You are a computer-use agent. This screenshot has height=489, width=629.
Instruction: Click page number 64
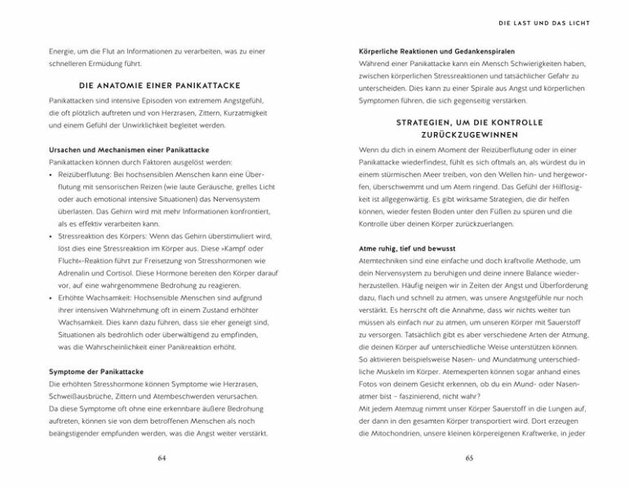click(161, 458)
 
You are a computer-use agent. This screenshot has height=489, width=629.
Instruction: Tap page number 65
click(469, 458)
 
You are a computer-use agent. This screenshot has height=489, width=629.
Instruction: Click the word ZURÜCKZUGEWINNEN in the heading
click(469, 134)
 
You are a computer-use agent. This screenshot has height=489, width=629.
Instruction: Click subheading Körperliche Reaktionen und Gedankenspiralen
click(436, 51)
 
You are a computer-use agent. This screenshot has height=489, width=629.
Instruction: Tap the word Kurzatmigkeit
click(242, 113)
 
